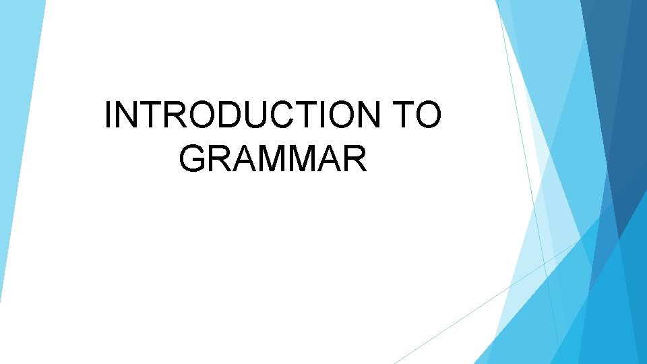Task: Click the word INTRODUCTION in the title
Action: (243, 115)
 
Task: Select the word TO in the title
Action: (417, 115)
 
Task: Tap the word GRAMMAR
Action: (274, 158)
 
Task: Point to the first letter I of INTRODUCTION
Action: (110, 115)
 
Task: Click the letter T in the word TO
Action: (402, 115)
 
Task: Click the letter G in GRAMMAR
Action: (193, 158)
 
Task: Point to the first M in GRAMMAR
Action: (270, 158)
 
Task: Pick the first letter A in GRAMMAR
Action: (242, 158)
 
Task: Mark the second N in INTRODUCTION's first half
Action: (126, 115)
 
